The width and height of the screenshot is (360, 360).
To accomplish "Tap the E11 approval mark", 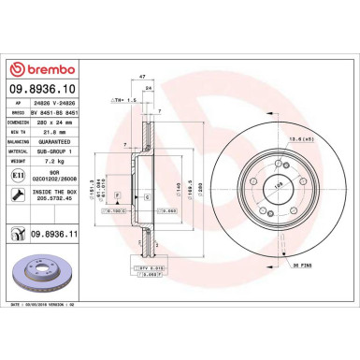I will click(x=21, y=173).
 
